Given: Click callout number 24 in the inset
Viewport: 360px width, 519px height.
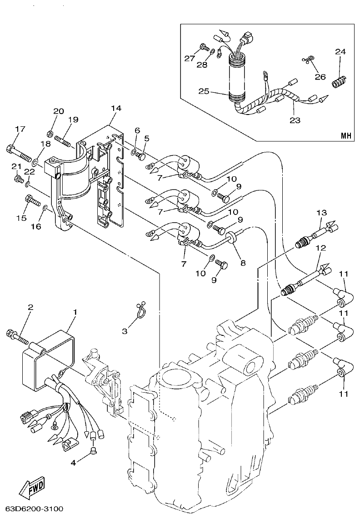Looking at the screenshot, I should [x=340, y=51].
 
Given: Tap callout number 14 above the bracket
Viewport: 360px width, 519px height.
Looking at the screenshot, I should [x=116, y=108].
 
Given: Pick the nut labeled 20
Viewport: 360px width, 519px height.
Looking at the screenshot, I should [x=50, y=134].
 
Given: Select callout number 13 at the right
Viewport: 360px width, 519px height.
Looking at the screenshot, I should [x=321, y=213].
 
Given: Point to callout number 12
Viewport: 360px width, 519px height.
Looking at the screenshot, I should [x=321, y=248].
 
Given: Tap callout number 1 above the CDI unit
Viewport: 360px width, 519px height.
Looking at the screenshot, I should [x=75, y=312].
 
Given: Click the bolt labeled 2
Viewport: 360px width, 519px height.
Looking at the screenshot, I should [x=16, y=336].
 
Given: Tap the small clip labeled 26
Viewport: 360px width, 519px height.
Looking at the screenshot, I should [x=309, y=60].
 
